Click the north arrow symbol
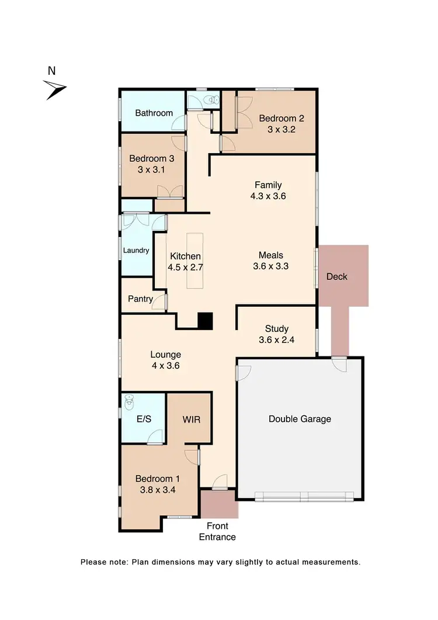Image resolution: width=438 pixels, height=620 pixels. point(56,89)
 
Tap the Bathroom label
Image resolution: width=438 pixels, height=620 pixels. point(154,113)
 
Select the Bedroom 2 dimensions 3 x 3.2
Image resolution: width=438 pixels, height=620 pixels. point(281,129)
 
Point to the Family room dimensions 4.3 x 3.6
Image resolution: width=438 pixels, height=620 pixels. point(268,197)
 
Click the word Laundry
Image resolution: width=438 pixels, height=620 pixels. point(136,251)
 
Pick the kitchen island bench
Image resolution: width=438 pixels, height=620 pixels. point(194,261)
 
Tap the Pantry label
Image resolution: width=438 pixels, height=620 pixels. point(140,299)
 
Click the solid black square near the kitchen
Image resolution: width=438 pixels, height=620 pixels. point(205,321)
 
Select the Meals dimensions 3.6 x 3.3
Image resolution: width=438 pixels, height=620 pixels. point(271,266)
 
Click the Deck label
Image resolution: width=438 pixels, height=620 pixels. point(337,276)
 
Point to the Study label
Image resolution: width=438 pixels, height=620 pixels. point(277,329)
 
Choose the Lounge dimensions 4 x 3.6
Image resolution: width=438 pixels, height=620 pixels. point(165,366)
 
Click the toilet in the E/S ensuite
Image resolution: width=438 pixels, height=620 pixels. point(131,403)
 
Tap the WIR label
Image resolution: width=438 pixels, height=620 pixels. point(192,420)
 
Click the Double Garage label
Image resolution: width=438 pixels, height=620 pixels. point(300,419)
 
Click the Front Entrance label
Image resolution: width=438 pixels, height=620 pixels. point(217,532)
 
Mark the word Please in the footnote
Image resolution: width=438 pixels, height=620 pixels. point(94,562)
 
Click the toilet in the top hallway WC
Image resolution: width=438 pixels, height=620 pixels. point(213,100)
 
